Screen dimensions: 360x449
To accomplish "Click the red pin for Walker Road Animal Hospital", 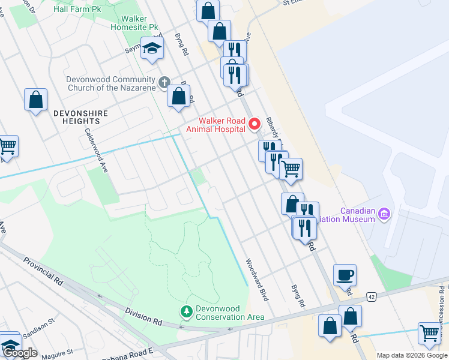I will (x=254, y=124).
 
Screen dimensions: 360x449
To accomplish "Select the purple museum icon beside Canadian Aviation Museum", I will (x=385, y=213).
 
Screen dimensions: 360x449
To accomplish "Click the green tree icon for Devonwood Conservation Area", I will (x=186, y=311).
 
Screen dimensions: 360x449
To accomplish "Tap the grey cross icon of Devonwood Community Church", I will (x=164, y=82).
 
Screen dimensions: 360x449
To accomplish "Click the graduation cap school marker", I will (x=152, y=49).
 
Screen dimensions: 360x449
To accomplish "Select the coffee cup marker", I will (x=345, y=275).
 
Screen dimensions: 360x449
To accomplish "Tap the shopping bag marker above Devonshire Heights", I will (x=35, y=100).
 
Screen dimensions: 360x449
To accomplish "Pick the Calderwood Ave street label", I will (x=96, y=150).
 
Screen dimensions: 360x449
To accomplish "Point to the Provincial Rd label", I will (x=43, y=271).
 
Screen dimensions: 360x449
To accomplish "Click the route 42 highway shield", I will (x=372, y=297).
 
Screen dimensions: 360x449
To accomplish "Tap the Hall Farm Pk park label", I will (x=76, y=10).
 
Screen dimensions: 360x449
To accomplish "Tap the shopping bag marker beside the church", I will (x=178, y=97).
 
